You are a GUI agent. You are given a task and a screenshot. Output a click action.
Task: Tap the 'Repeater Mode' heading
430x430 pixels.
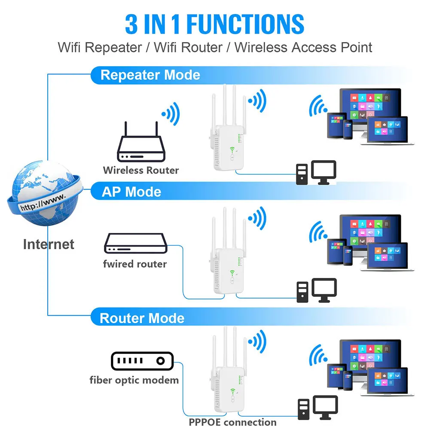coord(150,75)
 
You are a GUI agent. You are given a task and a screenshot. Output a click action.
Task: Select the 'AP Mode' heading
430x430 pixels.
coord(131,192)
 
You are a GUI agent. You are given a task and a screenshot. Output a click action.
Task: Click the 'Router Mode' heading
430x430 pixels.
coord(142,318)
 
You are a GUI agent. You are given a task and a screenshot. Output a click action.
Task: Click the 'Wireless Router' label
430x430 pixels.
coord(140,170)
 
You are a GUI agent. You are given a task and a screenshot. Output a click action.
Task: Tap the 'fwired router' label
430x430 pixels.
coord(134,263)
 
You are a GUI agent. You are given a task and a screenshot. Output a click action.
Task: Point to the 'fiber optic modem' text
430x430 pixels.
coord(134,380)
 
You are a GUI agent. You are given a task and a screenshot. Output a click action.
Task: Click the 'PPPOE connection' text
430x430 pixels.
coord(232,422)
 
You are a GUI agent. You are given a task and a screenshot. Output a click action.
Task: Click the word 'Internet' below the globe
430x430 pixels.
coord(49,244)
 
